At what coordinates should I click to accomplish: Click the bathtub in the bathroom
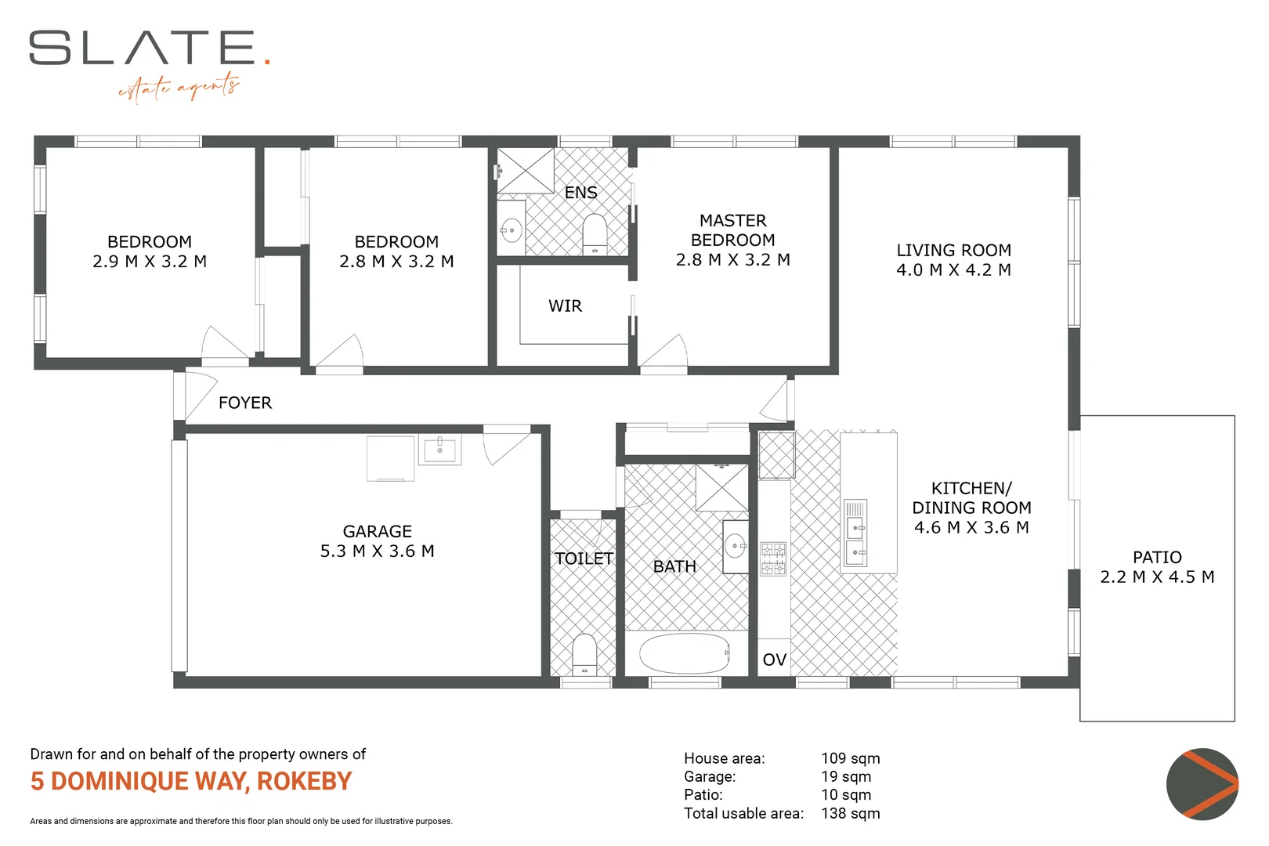(x=684, y=653)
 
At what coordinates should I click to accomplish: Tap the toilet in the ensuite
(x=595, y=233)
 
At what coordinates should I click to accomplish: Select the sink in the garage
(x=439, y=450)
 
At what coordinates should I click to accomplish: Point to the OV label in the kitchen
(x=774, y=660)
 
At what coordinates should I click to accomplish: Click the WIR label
(x=565, y=305)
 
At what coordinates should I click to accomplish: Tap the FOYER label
(x=245, y=403)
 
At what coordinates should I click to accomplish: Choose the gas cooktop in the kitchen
(x=773, y=559)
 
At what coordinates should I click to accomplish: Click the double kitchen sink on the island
(x=855, y=532)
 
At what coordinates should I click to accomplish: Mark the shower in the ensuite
(x=525, y=170)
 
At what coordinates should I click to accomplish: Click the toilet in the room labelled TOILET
(x=584, y=654)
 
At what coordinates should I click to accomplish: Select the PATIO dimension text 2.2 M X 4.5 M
(x=1157, y=577)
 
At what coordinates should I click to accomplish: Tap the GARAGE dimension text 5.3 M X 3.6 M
(x=377, y=551)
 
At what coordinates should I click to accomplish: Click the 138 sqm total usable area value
(x=850, y=813)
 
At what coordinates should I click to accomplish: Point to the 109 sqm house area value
(x=850, y=758)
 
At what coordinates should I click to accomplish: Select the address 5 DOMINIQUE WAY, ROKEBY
(x=191, y=782)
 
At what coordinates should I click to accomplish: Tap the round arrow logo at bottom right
(x=1202, y=784)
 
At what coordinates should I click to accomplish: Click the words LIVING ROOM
(x=953, y=250)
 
